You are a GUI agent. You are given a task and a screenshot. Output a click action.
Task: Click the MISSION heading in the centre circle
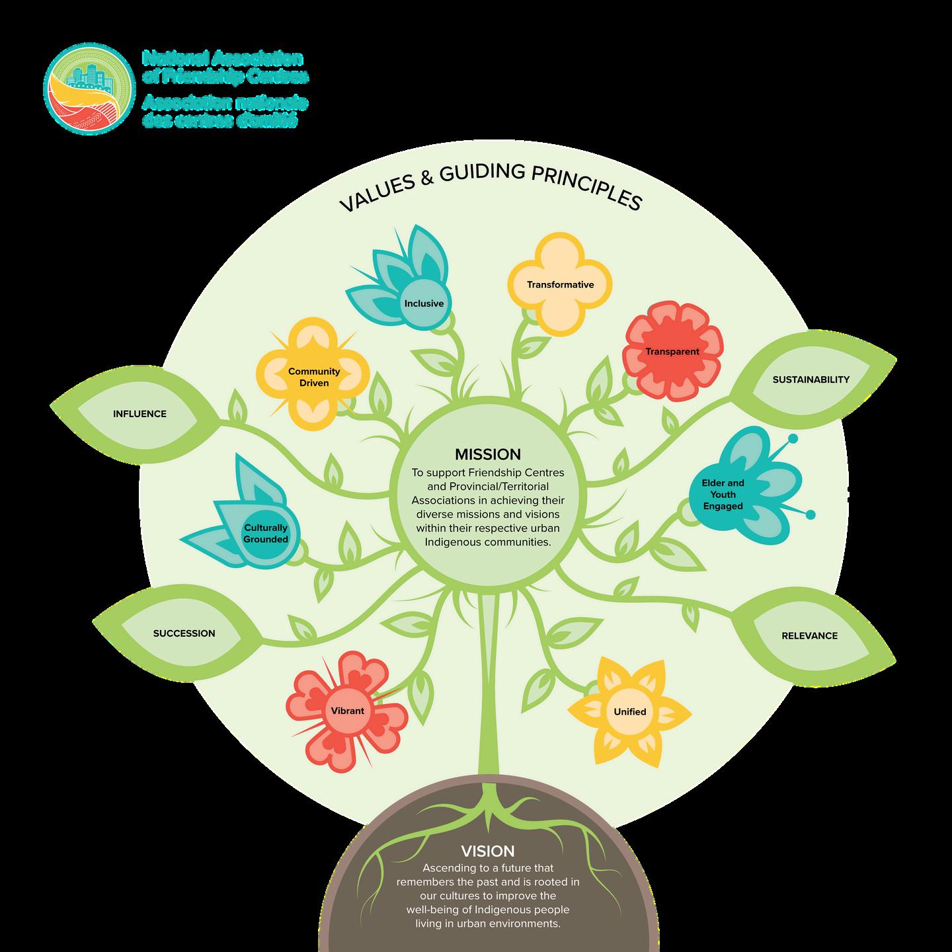(487, 454)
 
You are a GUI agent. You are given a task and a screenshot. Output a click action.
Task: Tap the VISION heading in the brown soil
(488, 851)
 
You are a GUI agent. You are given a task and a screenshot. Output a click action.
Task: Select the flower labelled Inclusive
(424, 303)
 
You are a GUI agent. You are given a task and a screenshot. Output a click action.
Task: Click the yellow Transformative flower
(560, 285)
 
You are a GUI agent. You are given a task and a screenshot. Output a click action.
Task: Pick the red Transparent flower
(672, 351)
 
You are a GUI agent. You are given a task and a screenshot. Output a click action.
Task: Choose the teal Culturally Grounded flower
(265, 534)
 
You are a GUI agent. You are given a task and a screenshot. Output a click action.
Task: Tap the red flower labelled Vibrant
(347, 711)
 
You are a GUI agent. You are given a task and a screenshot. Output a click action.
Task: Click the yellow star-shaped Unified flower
(629, 712)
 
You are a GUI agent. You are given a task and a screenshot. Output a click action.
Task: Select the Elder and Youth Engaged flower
(723, 495)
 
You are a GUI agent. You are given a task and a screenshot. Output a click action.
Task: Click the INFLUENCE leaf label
(139, 414)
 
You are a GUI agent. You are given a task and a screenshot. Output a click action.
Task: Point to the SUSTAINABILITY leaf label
(811, 379)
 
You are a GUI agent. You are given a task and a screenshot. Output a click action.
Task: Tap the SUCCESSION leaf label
(184, 633)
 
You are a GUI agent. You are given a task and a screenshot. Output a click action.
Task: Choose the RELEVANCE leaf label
(809, 636)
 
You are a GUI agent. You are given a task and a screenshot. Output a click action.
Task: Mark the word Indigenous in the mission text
(454, 542)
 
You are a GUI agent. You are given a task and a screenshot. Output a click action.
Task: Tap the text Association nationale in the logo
(225, 103)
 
